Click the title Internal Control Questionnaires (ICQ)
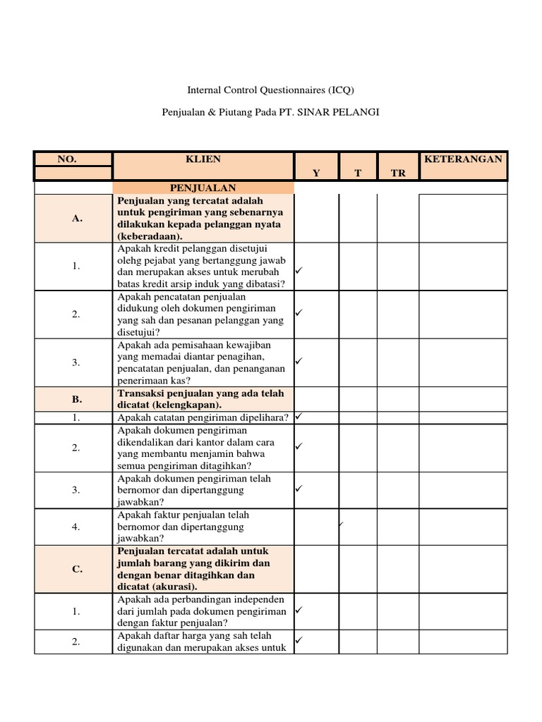[x=270, y=90]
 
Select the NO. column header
[x=67, y=159]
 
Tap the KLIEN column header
[x=203, y=159]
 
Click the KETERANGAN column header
[x=463, y=159]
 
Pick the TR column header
[x=398, y=173]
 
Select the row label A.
[x=77, y=219]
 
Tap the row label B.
[x=77, y=399]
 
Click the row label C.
[x=77, y=569]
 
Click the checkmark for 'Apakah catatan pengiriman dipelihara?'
[x=299, y=417]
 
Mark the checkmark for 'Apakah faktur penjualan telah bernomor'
[x=340, y=523]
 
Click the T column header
[x=357, y=173]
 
